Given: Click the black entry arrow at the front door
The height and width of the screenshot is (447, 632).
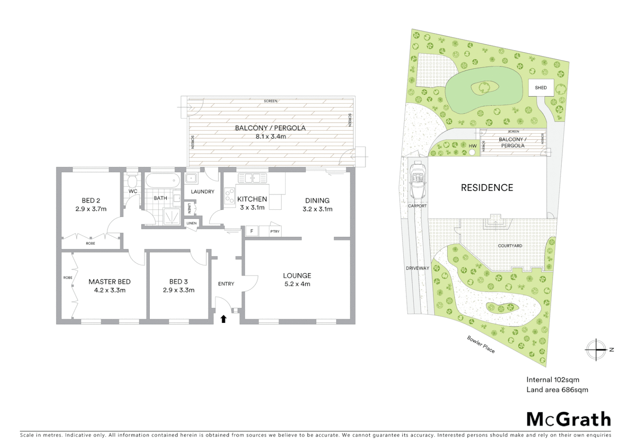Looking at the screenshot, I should pyautogui.click(x=223, y=319).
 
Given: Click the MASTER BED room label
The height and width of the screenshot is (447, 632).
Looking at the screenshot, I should pyautogui.click(x=110, y=282).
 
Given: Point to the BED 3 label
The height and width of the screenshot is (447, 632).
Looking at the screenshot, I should pyautogui.click(x=178, y=282).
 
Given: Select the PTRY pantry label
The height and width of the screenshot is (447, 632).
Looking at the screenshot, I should pyautogui.click(x=275, y=232).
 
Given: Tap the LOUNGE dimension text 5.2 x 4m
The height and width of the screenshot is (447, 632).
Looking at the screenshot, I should pyautogui.click(x=297, y=284).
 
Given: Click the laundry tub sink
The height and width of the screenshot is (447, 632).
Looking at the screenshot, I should pyautogui.click(x=191, y=179).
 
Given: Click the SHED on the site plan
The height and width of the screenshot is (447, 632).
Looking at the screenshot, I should pyautogui.click(x=541, y=87).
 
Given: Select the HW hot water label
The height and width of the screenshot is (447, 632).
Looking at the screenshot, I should pyautogui.click(x=473, y=146).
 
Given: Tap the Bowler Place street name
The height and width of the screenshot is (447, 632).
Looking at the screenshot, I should pyautogui.click(x=481, y=344).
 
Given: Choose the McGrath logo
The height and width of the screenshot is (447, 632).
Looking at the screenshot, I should pyautogui.click(x=568, y=419).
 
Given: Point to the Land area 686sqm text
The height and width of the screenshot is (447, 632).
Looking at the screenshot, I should pyautogui.click(x=557, y=389).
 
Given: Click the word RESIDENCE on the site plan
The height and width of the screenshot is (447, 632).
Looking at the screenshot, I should pyautogui.click(x=487, y=188).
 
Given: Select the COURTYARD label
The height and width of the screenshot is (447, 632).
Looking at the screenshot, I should pyautogui.click(x=510, y=246).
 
